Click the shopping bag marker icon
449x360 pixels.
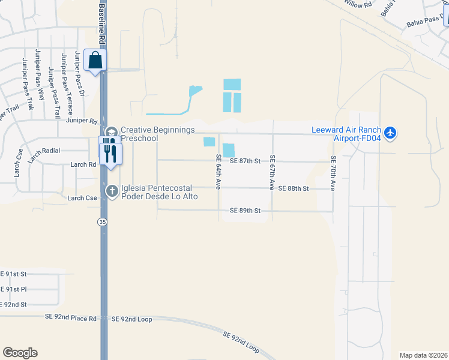pyautogui.click(x=95, y=60)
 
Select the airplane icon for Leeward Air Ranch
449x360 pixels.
pyautogui.click(x=391, y=132)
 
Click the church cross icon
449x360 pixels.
pyautogui.click(x=112, y=191)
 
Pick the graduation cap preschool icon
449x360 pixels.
pyautogui.click(x=111, y=132)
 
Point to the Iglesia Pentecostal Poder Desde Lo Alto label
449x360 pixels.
pyautogui.click(x=160, y=191)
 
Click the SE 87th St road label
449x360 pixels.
pyautogui.click(x=246, y=161)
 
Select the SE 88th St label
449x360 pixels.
pyautogui.click(x=293, y=188)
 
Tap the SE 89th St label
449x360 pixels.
pyautogui.click(x=245, y=211)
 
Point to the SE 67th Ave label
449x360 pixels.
pyautogui.click(x=272, y=173)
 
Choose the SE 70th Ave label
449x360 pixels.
pyautogui.click(x=333, y=173)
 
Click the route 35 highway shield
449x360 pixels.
pyautogui.click(x=103, y=221)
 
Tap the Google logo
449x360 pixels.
pyautogui.click(x=20, y=353)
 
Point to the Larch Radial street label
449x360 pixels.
pyautogui.click(x=44, y=151)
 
